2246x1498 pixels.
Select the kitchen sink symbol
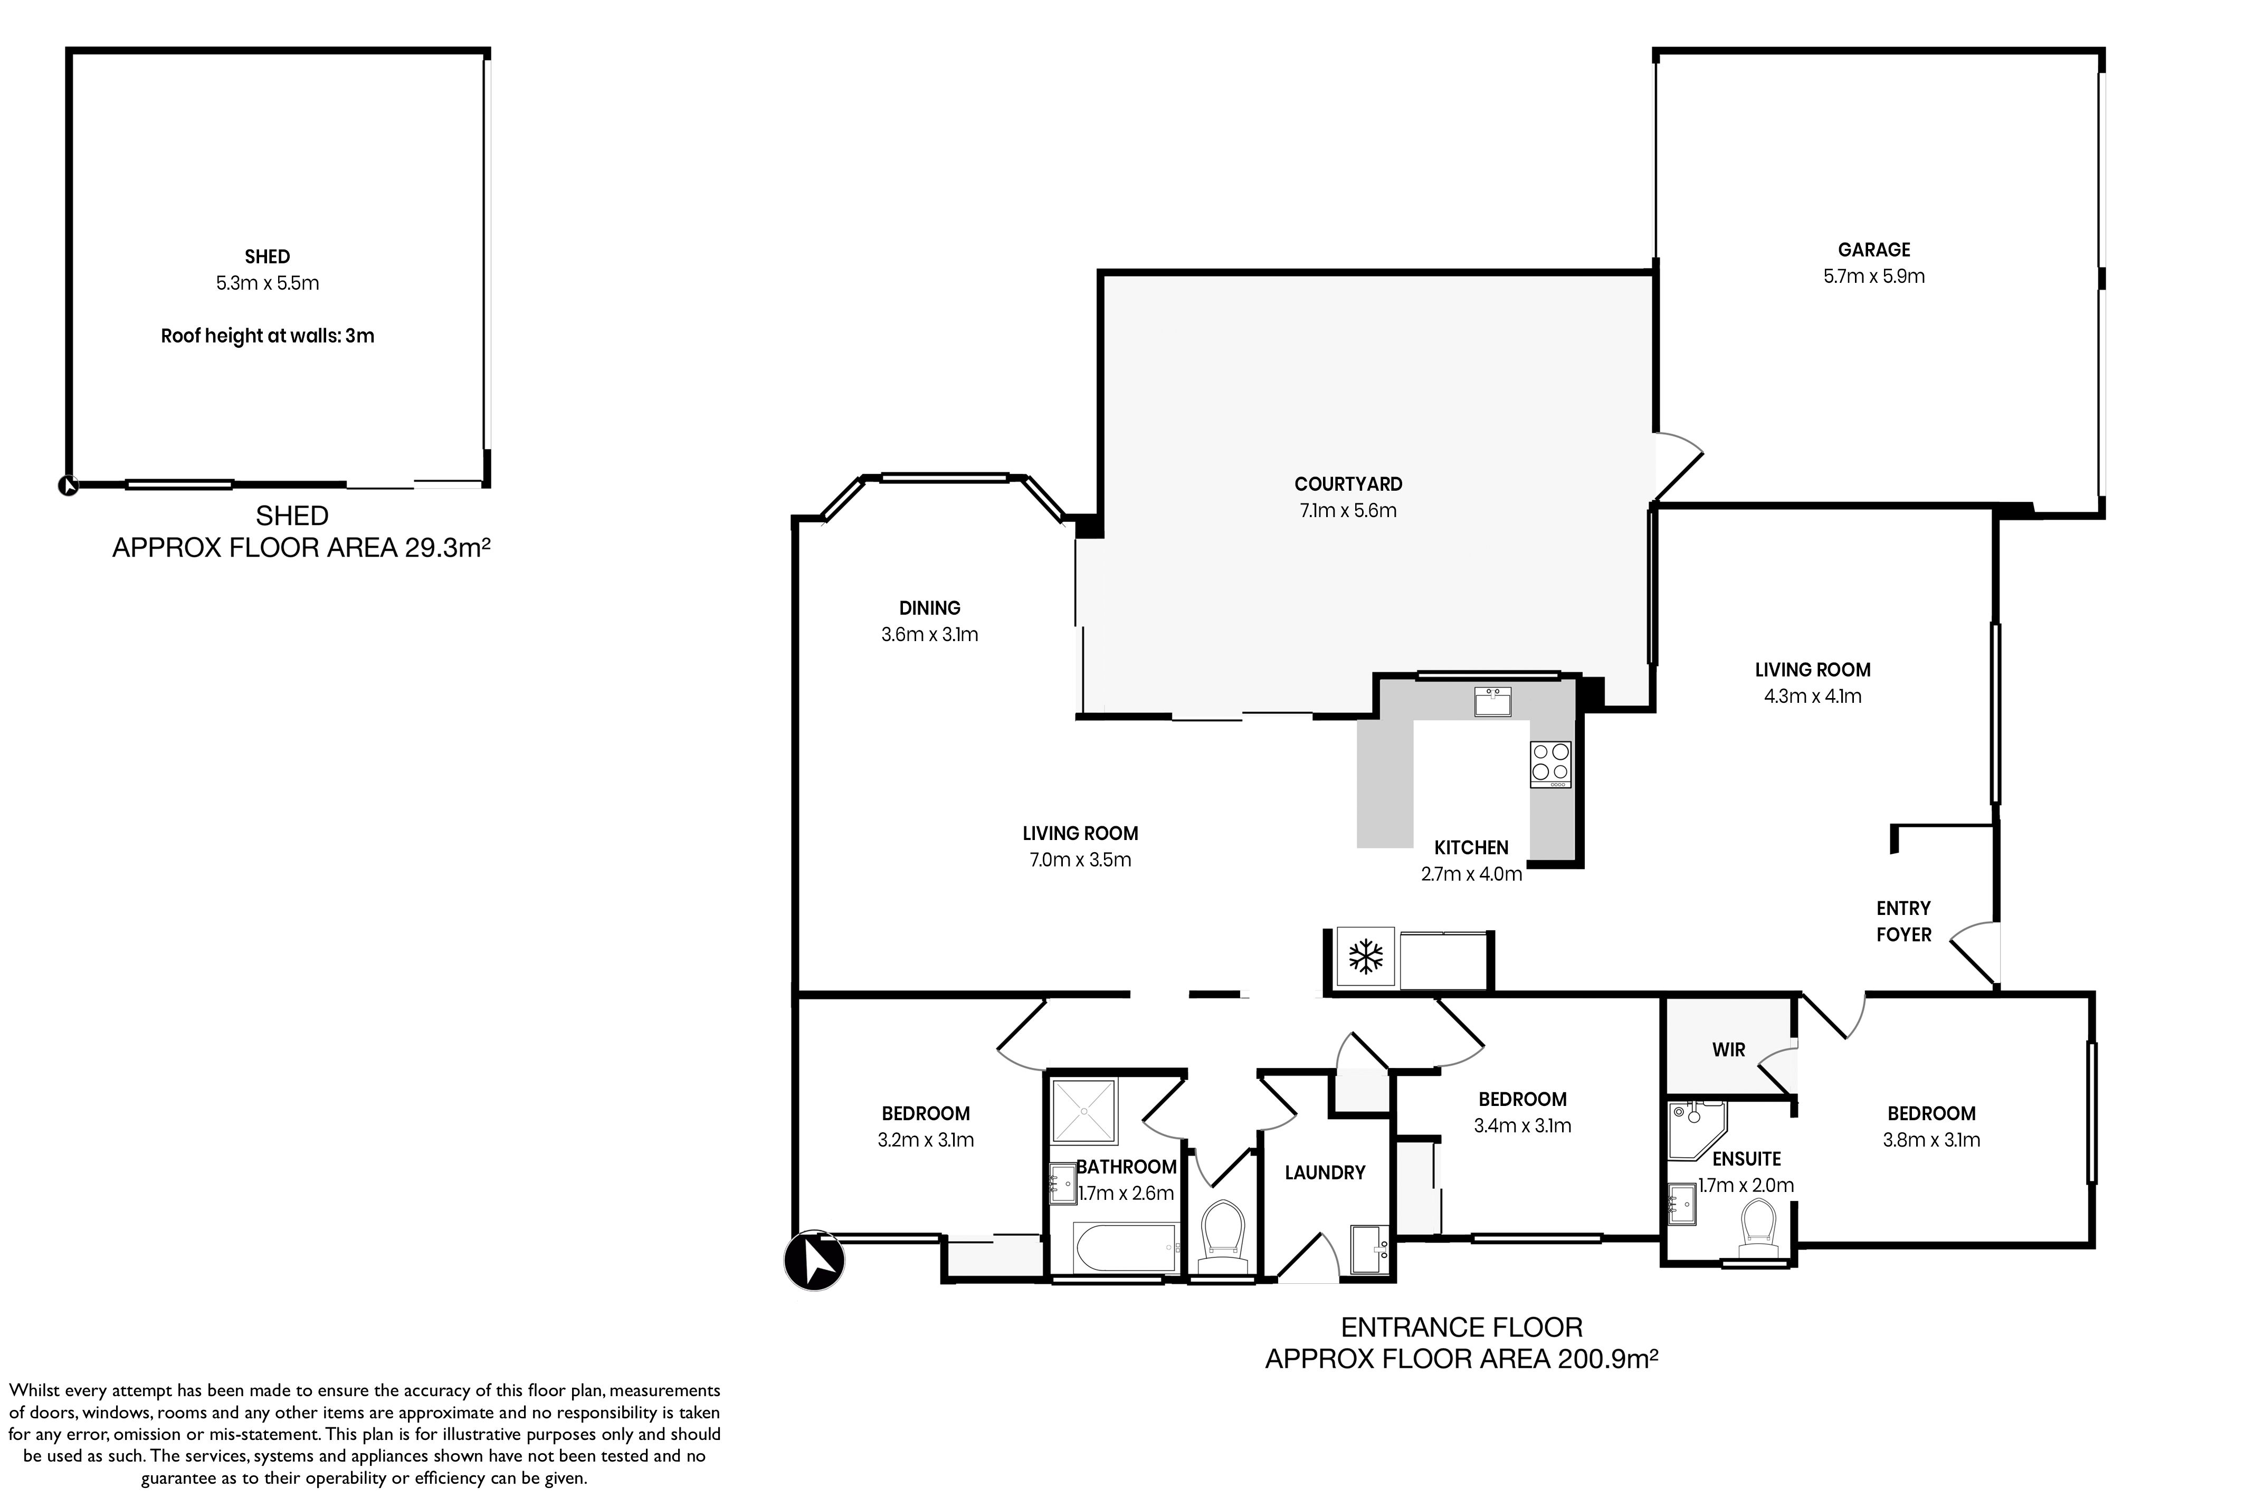point(1492,701)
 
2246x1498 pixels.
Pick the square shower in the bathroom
point(1084,1111)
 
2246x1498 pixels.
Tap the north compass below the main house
point(814,1260)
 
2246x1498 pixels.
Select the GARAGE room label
point(1873,250)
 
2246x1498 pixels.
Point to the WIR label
point(1728,1050)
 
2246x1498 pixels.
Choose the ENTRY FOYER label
point(1903,921)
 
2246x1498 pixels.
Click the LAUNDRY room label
point(1324,1172)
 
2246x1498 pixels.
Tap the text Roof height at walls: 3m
point(268,336)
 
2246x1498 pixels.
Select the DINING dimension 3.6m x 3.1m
point(929,634)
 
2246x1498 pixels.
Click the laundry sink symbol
point(1370,1248)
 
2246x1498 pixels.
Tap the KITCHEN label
point(1471,847)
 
